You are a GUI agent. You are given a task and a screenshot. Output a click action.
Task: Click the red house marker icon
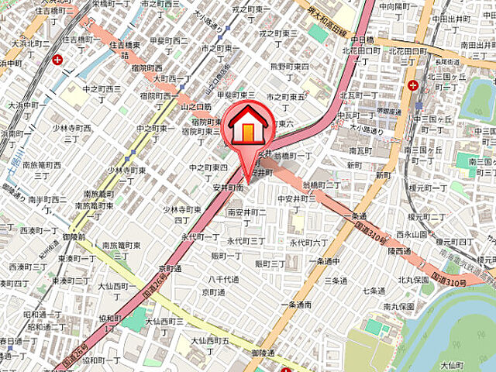click(x=247, y=127)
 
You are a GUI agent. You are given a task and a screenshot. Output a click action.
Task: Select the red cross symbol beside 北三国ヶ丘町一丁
click(x=413, y=84)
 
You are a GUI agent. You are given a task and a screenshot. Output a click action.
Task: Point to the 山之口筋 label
click(x=195, y=106)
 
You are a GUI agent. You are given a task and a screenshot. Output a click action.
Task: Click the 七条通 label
click(x=374, y=291)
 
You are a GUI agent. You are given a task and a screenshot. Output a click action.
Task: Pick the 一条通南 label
click(x=297, y=305)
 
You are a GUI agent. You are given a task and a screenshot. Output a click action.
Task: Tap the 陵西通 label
click(x=399, y=251)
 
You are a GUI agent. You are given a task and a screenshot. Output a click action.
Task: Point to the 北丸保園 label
click(x=414, y=280)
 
